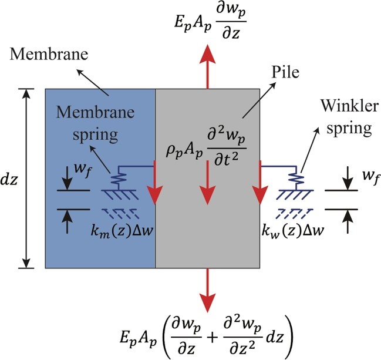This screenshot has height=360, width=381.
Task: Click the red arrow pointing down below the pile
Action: [207, 290]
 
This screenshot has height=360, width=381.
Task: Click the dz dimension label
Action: [11, 179]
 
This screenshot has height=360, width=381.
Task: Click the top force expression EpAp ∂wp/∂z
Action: [207, 21]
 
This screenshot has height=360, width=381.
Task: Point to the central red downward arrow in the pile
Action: [207, 189]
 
